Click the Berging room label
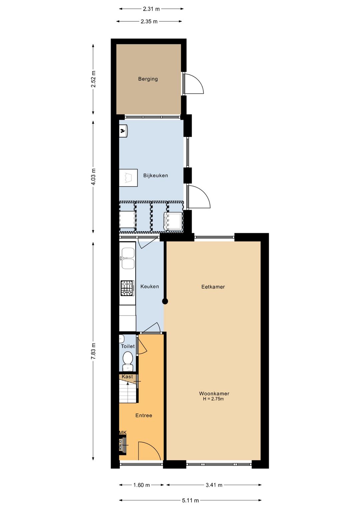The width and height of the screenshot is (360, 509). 148,79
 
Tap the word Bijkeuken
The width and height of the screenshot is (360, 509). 156,175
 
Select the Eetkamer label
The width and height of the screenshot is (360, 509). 213,287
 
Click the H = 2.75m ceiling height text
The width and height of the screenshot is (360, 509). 213,399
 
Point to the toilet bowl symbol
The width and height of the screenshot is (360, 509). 127,359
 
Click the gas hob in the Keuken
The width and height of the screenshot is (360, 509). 127,288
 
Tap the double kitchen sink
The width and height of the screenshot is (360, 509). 128,258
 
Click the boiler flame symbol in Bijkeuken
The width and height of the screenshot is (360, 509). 123,131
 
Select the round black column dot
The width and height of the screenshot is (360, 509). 165,302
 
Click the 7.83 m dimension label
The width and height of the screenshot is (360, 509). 94,351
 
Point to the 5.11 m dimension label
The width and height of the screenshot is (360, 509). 190,500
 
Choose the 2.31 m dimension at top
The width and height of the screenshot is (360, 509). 151,9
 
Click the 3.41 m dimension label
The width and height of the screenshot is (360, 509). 214,485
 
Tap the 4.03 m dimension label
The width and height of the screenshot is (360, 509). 94,177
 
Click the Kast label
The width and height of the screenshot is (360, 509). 127,377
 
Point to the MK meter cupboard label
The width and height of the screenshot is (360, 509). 123,433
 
